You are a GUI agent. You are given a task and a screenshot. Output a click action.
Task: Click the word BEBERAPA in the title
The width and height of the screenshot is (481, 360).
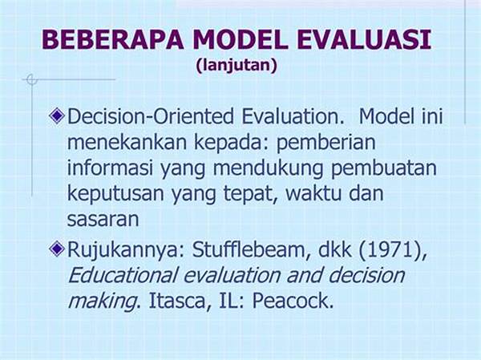click(113, 39)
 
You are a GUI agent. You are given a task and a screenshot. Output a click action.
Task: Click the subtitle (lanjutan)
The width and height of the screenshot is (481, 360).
click(236, 66)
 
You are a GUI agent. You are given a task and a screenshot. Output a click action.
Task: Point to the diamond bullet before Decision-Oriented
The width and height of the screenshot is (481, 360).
click(57, 116)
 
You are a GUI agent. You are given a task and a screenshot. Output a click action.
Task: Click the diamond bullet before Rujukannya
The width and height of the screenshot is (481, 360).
click(57, 249)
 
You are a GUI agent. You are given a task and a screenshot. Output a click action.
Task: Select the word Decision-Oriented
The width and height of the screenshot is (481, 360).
click(151, 116)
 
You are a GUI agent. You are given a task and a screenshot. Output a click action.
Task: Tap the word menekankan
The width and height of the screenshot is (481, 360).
click(127, 142)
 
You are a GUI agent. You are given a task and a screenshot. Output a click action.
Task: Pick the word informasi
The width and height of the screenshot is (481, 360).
click(110, 168)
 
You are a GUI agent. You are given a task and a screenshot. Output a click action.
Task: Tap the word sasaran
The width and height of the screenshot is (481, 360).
click(103, 220)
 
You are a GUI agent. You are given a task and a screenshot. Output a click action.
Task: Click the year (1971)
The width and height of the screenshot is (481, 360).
click(393, 250)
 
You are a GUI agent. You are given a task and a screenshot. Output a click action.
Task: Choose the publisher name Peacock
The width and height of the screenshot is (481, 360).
click(293, 301)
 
